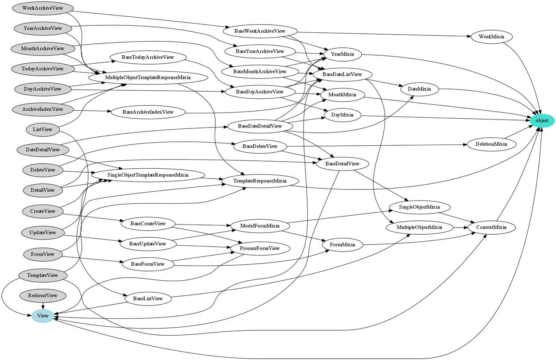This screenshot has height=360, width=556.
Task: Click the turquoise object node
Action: click(541, 120)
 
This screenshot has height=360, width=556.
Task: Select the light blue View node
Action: click(43, 316)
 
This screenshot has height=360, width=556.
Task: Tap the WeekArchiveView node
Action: click(42, 8)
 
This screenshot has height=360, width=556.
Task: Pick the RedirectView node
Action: click(42, 295)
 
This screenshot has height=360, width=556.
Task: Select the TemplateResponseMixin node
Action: click(260, 181)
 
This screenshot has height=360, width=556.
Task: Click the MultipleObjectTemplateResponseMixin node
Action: click(148, 77)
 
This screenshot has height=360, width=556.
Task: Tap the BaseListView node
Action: click(148, 298)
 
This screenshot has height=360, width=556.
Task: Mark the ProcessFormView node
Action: click(260, 248)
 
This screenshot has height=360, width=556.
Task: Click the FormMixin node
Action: click(342, 244)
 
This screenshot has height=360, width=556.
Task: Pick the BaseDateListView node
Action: click(342, 74)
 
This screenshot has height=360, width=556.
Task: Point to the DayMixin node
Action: click(342, 115)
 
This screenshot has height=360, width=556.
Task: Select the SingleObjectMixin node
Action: click(419, 207)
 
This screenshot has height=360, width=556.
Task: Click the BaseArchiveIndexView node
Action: click(148, 112)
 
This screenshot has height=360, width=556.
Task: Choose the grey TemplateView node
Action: click(42, 275)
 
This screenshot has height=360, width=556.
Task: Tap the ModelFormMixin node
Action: click(260, 226)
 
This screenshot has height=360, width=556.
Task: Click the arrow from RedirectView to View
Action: click(42, 304)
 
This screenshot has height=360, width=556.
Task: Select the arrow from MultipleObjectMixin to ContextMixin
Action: click(462, 228)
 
